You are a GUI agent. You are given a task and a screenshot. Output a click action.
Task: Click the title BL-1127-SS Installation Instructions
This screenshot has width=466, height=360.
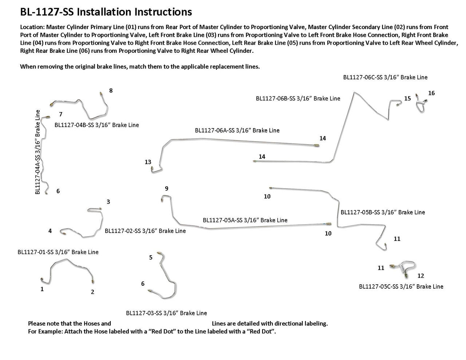click(x=106, y=12)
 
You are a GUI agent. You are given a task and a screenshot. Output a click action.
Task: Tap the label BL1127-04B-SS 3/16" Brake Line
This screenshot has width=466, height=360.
click(x=96, y=125)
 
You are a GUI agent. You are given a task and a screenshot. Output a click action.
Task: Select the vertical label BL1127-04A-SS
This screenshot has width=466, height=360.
click(x=37, y=152)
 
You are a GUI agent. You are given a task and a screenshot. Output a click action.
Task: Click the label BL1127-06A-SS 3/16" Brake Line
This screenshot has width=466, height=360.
click(x=237, y=130)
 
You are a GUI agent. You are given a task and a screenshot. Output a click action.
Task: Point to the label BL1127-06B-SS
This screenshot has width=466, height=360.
click(x=298, y=98)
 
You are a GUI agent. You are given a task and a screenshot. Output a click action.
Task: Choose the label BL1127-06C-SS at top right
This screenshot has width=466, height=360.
click(x=385, y=77)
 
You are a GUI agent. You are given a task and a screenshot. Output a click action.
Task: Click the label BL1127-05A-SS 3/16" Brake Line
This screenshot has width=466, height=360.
click(x=245, y=220)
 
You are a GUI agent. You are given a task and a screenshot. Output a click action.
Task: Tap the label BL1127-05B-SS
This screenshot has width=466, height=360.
click(x=383, y=212)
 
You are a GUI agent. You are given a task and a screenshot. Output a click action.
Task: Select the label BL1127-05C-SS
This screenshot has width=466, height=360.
click(x=401, y=286)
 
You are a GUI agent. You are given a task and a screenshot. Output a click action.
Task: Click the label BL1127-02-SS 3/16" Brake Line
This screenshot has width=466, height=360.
click(x=145, y=231)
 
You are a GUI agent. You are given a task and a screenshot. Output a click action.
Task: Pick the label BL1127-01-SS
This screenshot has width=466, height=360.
click(x=58, y=252)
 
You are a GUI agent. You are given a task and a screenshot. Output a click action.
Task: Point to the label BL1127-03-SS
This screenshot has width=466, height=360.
click(x=166, y=313)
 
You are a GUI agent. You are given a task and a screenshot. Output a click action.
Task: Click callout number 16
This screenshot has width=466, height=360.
click(x=431, y=93)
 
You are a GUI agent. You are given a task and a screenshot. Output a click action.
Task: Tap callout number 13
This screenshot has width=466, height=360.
click(x=148, y=162)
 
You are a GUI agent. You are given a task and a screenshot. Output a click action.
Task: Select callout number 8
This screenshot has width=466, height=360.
click(x=111, y=91)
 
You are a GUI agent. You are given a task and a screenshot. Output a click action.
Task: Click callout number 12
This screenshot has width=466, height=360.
click(x=421, y=276)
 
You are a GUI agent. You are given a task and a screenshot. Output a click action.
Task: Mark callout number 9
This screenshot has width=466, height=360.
click(x=166, y=189)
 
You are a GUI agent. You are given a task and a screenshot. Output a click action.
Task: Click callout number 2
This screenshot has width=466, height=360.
click(x=92, y=292)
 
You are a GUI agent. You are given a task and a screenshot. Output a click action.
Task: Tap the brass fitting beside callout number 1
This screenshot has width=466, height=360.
click(x=42, y=280)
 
